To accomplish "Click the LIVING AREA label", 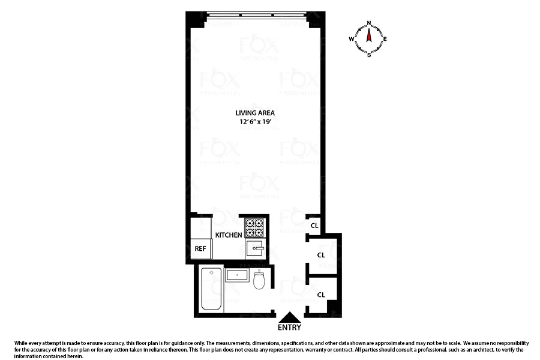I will click(x=256, y=113).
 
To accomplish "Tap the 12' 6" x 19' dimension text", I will click(x=256, y=122).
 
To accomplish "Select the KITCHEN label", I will click(x=229, y=235).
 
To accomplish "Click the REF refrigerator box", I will click(x=200, y=248).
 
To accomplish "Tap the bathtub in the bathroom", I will click(x=211, y=289).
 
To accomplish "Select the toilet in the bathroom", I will click(x=259, y=280).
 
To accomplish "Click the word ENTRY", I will click(x=289, y=328).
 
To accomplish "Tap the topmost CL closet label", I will click(x=314, y=226).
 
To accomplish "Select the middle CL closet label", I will click(x=321, y=254).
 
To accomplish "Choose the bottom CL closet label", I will click(x=321, y=295).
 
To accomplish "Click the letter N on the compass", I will click(x=368, y=24).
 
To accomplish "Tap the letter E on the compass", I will click(x=385, y=39).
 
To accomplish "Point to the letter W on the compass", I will click(x=352, y=39).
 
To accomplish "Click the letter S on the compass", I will click(x=368, y=55).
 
